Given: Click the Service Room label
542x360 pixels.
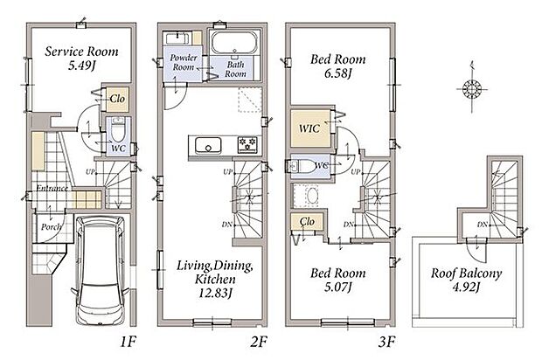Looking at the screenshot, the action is tap(81, 52).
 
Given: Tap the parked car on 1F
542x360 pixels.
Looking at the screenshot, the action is tap(100, 271).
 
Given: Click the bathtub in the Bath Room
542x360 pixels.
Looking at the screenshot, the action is tap(235, 43).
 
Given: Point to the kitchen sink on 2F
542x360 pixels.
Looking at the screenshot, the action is tap(208, 145).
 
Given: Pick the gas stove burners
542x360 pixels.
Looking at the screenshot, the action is tap(247, 144).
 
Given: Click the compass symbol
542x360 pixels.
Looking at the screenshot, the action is tap(472, 89).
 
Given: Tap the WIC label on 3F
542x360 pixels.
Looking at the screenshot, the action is tap(309, 128).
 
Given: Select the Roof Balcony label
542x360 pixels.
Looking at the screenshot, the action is tap(466, 273).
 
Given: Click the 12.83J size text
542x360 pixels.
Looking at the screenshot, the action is tap(215, 293).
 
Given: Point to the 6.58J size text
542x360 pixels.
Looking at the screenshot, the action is tap(337, 73).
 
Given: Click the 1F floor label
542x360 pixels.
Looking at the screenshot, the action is tap(128, 342).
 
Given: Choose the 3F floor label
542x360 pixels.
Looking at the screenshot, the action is tap(386, 342).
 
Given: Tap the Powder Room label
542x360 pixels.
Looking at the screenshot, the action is tap(184, 62).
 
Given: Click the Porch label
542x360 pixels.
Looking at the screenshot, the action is tap(52, 226).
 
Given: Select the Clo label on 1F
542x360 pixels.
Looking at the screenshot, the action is tap(117, 99).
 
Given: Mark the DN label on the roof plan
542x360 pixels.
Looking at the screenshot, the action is tap(483, 225).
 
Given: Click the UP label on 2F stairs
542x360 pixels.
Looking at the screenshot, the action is tap(228, 172).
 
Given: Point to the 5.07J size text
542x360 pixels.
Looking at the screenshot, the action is tap(337, 287).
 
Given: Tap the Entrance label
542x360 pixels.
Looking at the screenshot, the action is tap(52, 188).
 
